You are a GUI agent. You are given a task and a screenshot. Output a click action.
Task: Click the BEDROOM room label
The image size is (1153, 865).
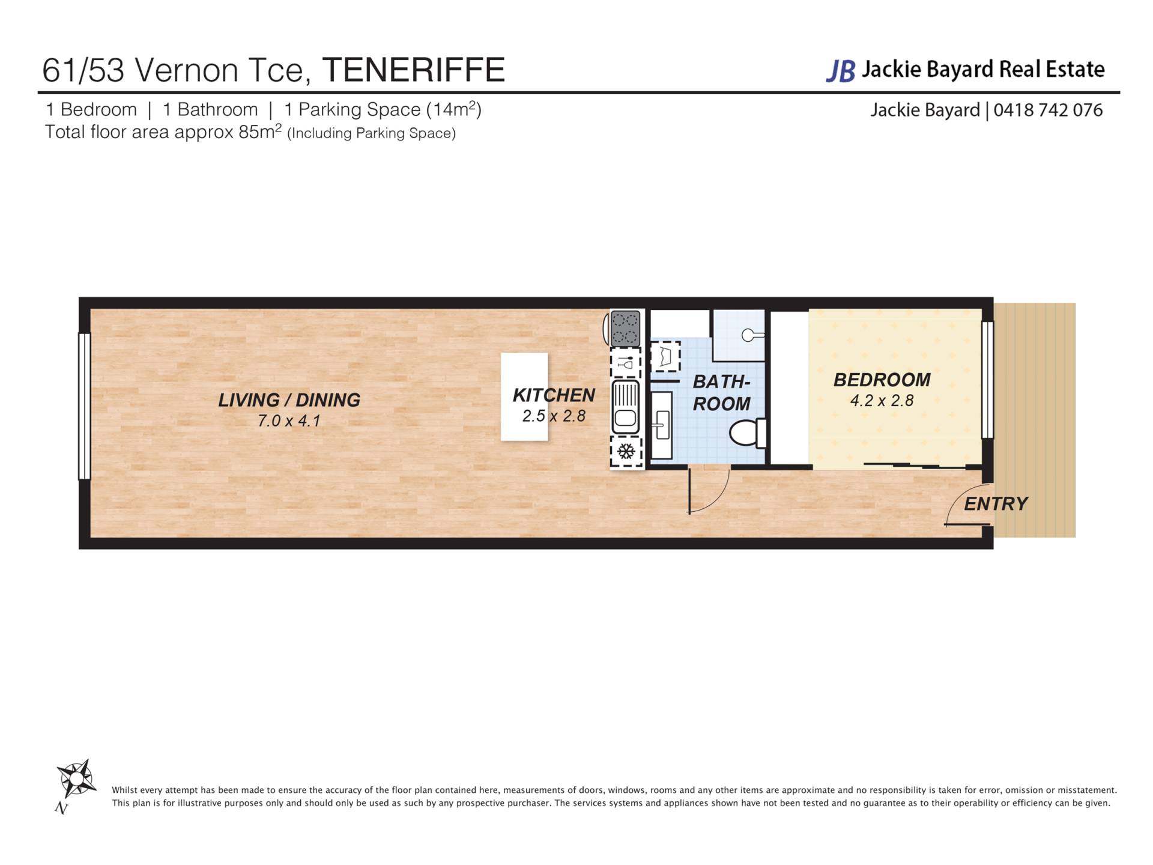pos(882,380)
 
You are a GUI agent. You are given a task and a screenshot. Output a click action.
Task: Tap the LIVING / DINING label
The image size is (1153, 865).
pos(289,400)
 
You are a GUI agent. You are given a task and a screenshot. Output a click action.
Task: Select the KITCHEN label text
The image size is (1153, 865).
pos(554,395)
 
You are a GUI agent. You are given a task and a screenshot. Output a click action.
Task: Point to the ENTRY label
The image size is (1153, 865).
pos(996,503)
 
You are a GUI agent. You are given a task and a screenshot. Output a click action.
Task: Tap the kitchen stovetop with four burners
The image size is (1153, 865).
pos(625,328)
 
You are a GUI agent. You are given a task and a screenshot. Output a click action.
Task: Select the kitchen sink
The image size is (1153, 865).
pos(625,407)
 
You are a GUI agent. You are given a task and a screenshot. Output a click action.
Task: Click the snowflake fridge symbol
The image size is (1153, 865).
pos(626,452)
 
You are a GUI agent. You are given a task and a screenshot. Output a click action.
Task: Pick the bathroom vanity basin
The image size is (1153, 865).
pos(661,425)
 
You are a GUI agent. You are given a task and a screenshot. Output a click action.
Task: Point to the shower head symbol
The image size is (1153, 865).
pos(752,335)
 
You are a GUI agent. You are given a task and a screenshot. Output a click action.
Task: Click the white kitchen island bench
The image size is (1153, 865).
pos(524,396)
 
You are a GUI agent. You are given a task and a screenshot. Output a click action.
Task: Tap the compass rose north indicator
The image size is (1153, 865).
pos(75,782)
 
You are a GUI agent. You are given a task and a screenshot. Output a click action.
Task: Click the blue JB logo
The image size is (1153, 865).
pos(841,71)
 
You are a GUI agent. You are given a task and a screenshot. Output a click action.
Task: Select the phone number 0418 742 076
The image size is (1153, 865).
pos(1048,110)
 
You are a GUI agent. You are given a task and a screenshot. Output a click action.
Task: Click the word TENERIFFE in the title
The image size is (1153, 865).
pos(414,70)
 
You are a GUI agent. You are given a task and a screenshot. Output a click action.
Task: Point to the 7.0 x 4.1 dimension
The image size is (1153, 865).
pos(289,421)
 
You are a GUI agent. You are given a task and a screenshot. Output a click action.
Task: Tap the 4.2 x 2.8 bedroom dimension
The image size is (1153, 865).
pos(882,401)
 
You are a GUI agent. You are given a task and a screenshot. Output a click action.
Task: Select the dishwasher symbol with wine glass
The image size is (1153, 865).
pos(626,362)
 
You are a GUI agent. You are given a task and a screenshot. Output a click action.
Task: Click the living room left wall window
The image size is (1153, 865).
pos(85,406)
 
